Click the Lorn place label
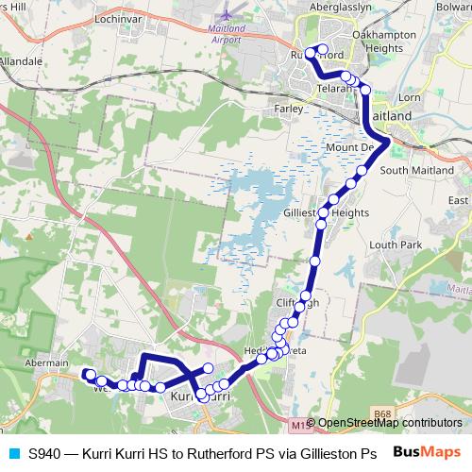(x=411, y=96)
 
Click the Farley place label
(x=288, y=109)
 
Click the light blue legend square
(x=12, y=452)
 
